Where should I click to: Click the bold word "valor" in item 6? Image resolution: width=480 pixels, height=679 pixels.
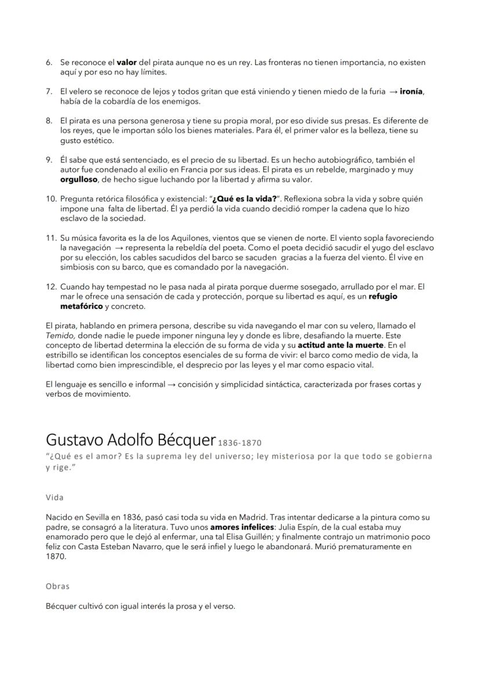(126, 62)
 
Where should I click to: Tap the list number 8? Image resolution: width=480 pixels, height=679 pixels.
(49, 121)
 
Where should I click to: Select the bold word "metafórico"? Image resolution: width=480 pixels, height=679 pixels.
(81, 307)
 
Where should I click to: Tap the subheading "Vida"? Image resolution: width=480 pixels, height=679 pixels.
(54, 498)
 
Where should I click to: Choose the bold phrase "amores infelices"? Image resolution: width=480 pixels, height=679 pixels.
(242, 527)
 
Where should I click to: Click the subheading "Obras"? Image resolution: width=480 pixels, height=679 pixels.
(57, 586)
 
